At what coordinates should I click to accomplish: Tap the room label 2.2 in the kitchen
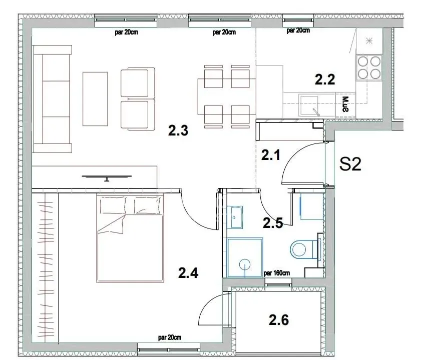pyautogui.click(x=324, y=78)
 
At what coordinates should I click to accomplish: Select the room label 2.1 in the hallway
pyautogui.click(x=270, y=155)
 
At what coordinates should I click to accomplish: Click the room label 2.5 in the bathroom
pyautogui.click(x=273, y=223)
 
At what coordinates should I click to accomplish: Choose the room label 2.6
pyautogui.click(x=279, y=319)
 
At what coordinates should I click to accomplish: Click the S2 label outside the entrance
pyautogui.click(x=350, y=164)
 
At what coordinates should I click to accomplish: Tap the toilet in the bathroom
pyautogui.click(x=303, y=248)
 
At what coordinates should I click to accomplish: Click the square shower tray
pyautogui.click(x=245, y=257)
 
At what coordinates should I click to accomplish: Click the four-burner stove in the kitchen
pyautogui.click(x=368, y=67)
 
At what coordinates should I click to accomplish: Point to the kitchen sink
pyautogui.click(x=311, y=105)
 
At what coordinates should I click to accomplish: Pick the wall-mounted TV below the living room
pyautogui.click(x=107, y=176)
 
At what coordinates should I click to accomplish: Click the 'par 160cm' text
pyautogui.click(x=277, y=273)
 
